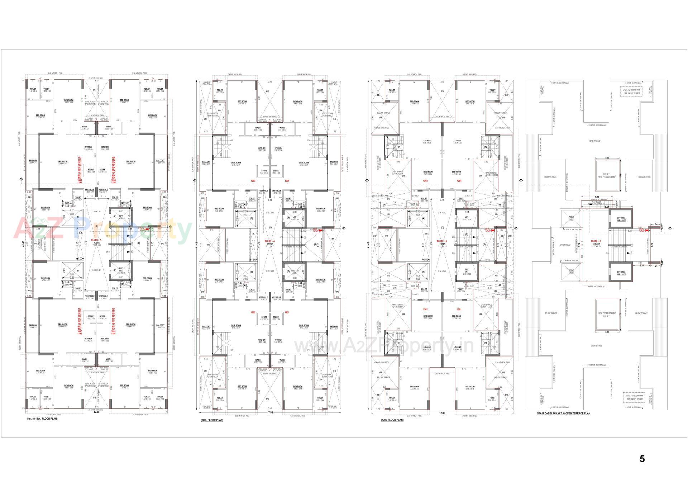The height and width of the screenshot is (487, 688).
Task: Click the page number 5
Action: point(642,459)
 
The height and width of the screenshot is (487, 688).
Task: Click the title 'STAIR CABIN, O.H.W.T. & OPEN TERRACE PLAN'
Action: point(563,413)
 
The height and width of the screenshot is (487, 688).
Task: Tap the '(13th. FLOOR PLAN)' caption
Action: point(392,420)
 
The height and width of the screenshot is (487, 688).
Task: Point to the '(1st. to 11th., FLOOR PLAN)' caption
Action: point(42,419)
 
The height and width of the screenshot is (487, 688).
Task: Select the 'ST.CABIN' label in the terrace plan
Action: point(596,244)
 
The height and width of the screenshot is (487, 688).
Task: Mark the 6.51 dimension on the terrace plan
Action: point(607,207)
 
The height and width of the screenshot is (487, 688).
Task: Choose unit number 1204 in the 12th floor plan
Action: point(287,181)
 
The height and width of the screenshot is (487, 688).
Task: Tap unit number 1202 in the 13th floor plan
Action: point(425,309)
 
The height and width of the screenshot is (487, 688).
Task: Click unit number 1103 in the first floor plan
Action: point(80,183)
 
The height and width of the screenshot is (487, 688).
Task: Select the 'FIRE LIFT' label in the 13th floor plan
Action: point(467,270)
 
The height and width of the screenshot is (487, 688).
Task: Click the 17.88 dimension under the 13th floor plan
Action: point(442,413)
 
